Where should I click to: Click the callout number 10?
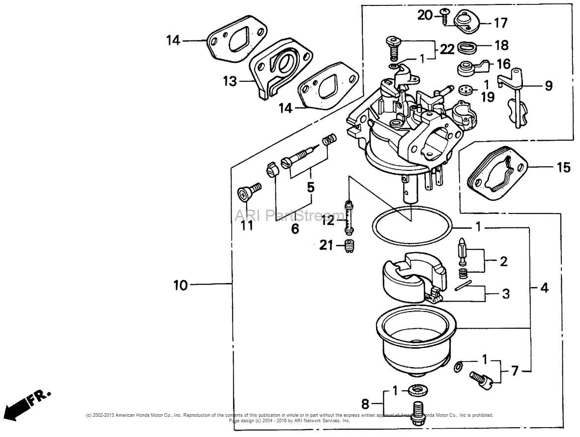180,285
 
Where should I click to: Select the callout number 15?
563,167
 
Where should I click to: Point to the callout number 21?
326,245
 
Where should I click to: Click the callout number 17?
500,23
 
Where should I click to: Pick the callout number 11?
246,225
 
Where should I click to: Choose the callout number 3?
505,294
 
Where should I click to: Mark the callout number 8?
365,404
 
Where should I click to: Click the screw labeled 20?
445,17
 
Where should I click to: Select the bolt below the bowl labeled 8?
419,411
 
